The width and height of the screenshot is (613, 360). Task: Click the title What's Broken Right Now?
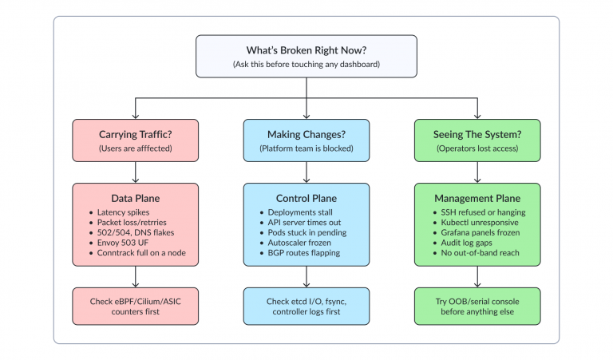pyautogui.click(x=306, y=50)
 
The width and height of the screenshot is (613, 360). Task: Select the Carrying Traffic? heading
pyautogui.click(x=135, y=134)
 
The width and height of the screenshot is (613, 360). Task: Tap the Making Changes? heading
pyautogui.click(x=306, y=134)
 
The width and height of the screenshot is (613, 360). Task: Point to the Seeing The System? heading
pyautogui.click(x=477, y=134)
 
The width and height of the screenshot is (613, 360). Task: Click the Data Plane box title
pyautogui.click(x=135, y=198)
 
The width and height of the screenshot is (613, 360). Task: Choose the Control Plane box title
pyautogui.click(x=306, y=198)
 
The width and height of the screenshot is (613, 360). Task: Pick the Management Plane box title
pyautogui.click(x=477, y=198)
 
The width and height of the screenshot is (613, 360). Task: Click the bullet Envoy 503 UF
pyautogui.click(x=123, y=243)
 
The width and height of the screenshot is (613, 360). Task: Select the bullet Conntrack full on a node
pyautogui.click(x=141, y=252)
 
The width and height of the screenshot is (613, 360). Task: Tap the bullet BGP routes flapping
pyautogui.click(x=304, y=252)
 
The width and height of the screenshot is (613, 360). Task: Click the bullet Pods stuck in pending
pyautogui.click(x=306, y=232)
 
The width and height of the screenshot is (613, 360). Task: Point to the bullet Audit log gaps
pyautogui.click(x=466, y=243)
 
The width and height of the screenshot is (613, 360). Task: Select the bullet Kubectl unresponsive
pyautogui.click(x=480, y=222)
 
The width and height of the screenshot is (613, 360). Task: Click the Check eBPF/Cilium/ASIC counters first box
pyautogui.click(x=135, y=306)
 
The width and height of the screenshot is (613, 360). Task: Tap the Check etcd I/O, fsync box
pyautogui.click(x=306, y=306)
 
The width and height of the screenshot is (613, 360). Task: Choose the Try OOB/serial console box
pyautogui.click(x=477, y=306)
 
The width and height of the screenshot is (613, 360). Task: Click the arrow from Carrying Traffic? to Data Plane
pyautogui.click(x=135, y=172)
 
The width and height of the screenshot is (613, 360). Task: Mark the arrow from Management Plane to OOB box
pyautogui.click(x=477, y=277)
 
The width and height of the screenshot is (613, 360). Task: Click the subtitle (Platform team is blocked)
pyautogui.click(x=306, y=148)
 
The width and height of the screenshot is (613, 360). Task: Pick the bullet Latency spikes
pyautogui.click(x=123, y=212)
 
